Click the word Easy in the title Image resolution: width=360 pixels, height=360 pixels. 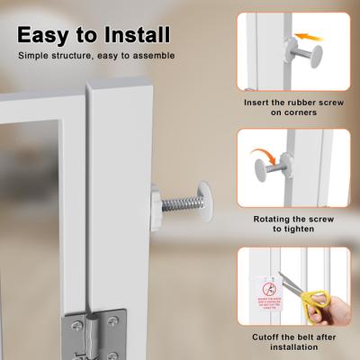[x=46, y=35]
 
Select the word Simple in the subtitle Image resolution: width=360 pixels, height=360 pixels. [x=38, y=56]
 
